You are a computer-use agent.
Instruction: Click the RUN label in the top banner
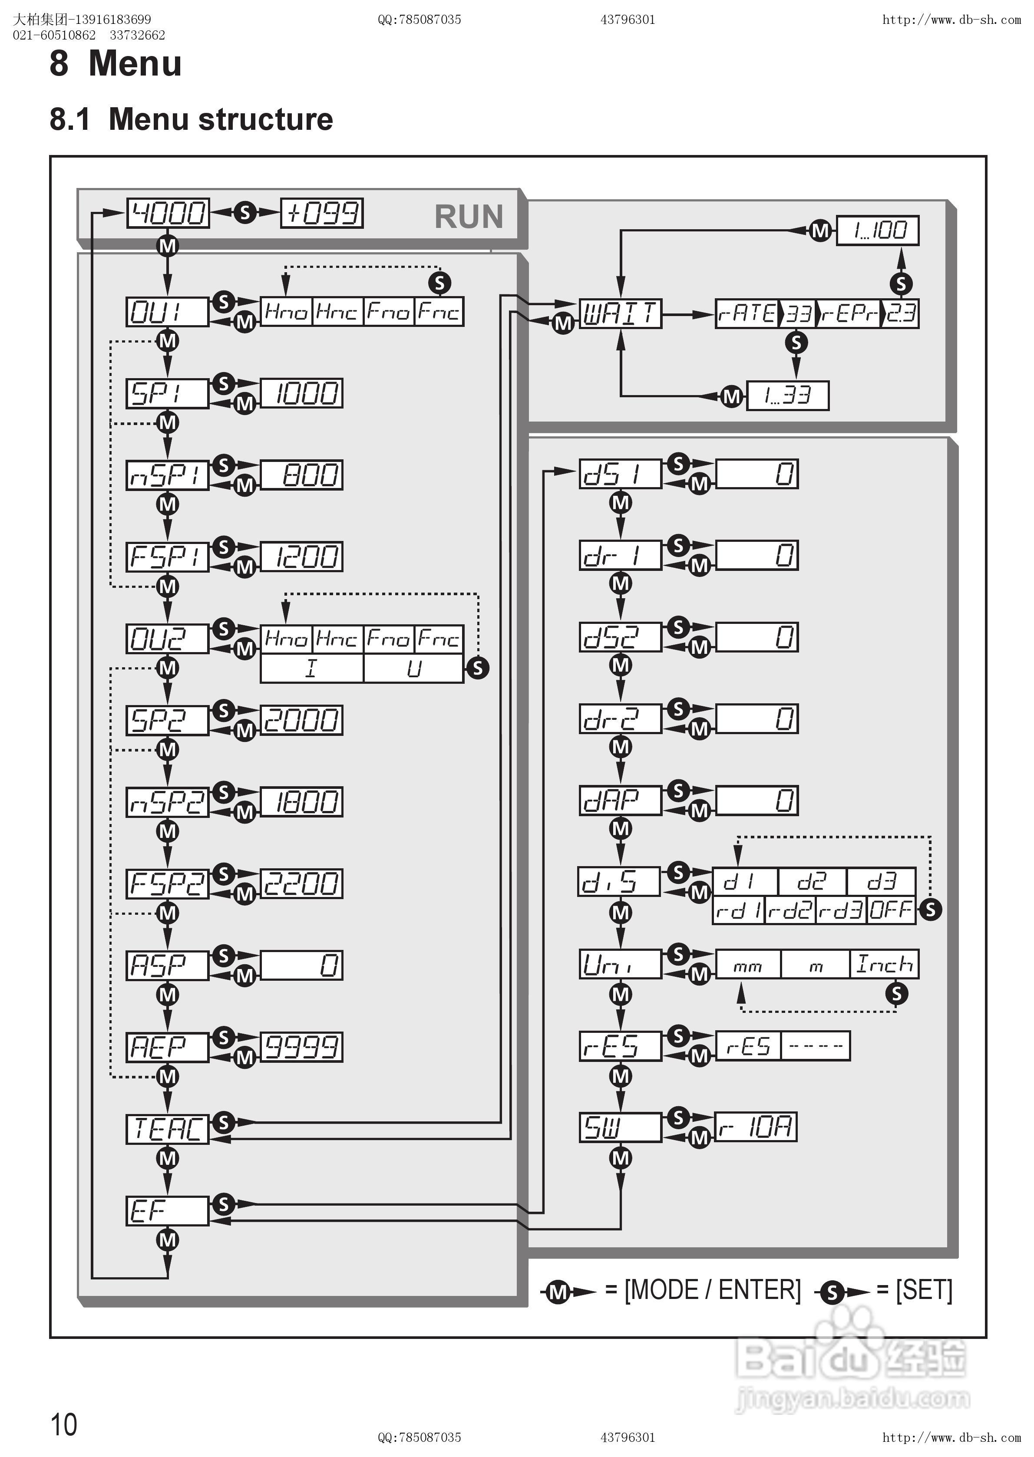point(469,217)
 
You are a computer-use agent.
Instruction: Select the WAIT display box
point(620,313)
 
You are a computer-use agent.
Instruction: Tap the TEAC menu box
point(167,1129)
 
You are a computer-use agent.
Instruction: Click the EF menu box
point(167,1211)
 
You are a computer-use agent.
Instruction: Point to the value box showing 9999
point(301,1047)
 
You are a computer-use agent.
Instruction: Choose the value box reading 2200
point(301,883)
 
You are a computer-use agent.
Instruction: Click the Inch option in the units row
point(884,964)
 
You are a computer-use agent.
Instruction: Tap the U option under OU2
point(414,668)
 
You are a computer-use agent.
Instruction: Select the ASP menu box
point(167,966)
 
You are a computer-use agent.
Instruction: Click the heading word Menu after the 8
point(135,64)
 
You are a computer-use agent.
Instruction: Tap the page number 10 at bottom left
point(64,1424)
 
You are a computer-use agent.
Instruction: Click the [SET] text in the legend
point(924,1290)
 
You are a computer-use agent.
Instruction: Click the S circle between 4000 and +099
point(245,213)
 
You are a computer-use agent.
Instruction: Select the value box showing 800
point(301,475)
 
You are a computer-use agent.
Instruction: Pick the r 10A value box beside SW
point(756,1127)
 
